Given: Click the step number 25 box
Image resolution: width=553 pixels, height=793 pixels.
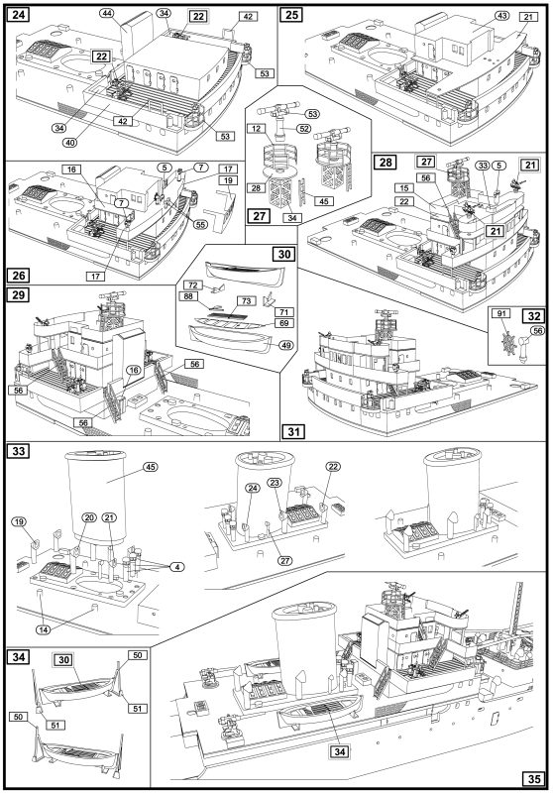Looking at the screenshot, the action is coord(291,15).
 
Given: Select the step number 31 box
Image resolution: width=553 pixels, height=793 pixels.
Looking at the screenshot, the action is coord(294,431).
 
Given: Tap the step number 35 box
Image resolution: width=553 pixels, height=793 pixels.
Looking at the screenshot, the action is coord(534,779).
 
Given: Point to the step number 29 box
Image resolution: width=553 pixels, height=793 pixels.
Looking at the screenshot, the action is coord(18,294).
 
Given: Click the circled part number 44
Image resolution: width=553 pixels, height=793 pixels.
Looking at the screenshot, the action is coord(107,13).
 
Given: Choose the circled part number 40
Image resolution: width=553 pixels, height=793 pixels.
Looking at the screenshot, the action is coord(70,143).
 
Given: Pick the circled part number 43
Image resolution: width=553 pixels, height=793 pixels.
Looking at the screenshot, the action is coord(501,16).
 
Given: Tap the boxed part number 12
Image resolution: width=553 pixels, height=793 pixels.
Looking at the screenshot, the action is coord(257,129).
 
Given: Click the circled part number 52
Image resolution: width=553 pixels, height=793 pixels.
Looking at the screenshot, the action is coord(304,129).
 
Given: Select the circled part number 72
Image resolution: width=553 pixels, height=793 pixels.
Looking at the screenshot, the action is coord(192,285).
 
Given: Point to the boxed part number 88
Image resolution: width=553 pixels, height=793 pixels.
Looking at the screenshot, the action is coord(188,296).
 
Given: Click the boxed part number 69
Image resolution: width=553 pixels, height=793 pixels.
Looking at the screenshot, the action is coord(285,323).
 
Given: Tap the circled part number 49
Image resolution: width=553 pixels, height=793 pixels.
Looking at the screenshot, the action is coord(285,345).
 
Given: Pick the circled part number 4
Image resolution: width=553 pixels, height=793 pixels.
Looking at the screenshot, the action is coord(177,567).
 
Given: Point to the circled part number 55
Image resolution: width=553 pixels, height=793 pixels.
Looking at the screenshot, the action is coord(200,224).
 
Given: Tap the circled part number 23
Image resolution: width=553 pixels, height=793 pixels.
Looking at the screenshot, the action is coord(275,483).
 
